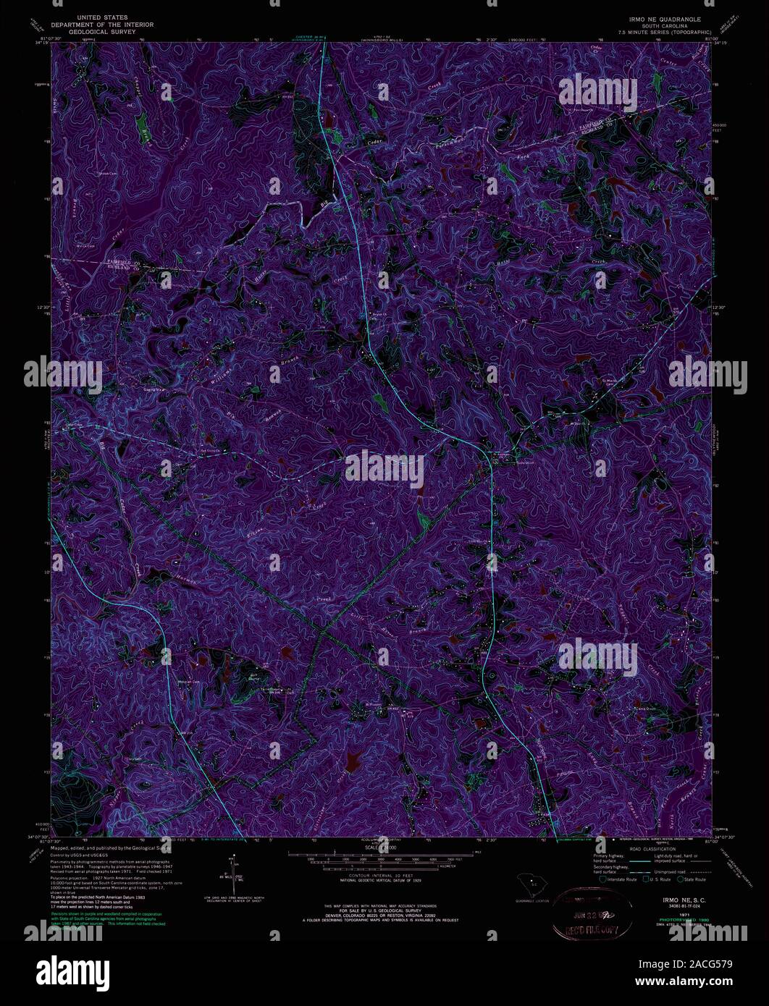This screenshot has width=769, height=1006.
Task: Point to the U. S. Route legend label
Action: click(x=658, y=879)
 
